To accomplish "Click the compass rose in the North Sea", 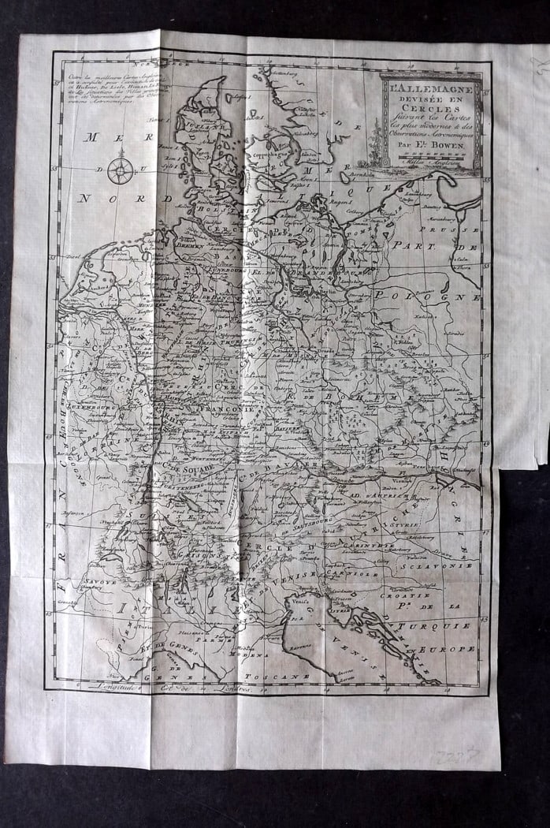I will coord(121,170).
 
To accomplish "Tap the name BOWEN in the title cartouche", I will coord(451,146).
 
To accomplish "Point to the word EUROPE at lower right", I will coord(452,649).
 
